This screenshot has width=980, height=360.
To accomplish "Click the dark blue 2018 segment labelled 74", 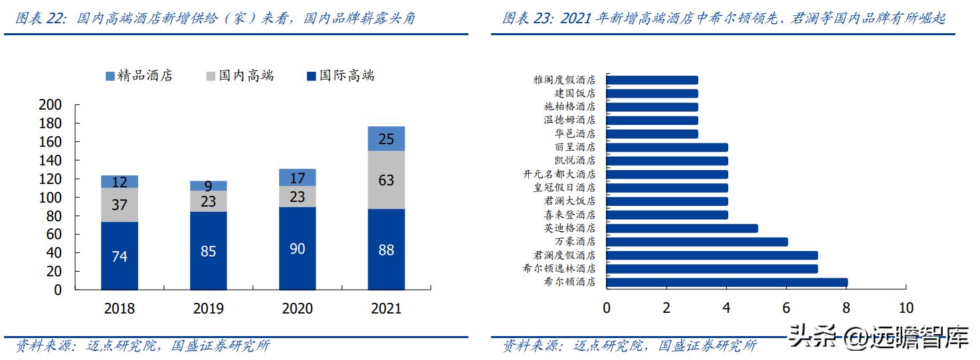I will click(120, 256).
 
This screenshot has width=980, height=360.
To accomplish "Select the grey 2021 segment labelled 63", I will click(386, 180).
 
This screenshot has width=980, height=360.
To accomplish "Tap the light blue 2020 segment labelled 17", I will click(297, 177).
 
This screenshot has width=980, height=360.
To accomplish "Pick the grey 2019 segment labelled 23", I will click(209, 201).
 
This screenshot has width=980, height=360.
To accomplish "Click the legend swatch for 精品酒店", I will click(110, 76).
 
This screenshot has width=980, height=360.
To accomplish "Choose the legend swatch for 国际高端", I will click(312, 76).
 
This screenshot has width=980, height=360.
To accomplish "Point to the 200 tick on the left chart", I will click(50, 105).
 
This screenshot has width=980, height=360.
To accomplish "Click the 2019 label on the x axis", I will click(209, 309).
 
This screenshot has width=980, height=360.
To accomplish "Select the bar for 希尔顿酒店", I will click(726, 282).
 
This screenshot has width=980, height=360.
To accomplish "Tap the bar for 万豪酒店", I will click(696, 242).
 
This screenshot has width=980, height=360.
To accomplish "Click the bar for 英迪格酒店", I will click(682, 228).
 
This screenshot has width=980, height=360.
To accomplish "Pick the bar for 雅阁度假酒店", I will click(652, 80).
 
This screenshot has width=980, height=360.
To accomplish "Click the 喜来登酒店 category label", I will click(569, 215).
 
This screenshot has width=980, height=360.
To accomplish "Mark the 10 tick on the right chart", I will click(906, 308).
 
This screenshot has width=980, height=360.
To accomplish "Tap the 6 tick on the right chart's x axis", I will click(787, 308).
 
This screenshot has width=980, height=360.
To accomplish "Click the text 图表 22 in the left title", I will click(41, 18).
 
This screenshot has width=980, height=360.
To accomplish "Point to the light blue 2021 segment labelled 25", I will click(386, 139).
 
